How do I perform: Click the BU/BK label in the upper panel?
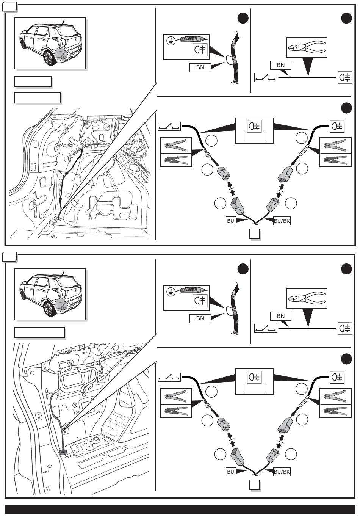click(282, 221)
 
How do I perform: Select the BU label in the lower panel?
click(230, 472)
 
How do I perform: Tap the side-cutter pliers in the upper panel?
click(307, 47)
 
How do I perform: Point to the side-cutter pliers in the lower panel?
click(307, 298)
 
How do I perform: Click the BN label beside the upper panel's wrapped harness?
click(200, 67)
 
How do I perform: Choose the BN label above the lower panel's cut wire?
click(280, 316)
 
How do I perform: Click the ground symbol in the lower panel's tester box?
click(171, 292)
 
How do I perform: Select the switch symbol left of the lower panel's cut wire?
click(266, 328)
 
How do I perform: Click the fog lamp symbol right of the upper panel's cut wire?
click(345, 77)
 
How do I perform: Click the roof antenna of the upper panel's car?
click(63, 22)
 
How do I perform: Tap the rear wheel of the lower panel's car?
click(49, 308)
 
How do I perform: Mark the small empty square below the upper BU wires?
click(254, 234)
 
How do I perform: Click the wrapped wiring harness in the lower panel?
click(235, 308)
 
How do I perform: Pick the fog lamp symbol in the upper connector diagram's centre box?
click(254, 126)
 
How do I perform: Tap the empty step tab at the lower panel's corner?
click(9, 257)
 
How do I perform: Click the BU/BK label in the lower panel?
click(282, 472)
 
